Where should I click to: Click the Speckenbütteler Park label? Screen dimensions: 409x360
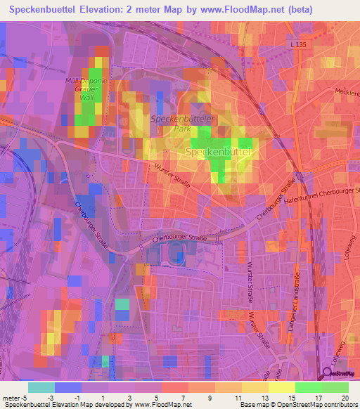[x=179, y=124]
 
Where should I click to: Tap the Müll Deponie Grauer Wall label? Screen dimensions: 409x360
[x=88, y=89]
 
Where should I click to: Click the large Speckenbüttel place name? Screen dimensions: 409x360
[x=218, y=152]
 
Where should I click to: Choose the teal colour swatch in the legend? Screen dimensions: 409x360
[x=41, y=387]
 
